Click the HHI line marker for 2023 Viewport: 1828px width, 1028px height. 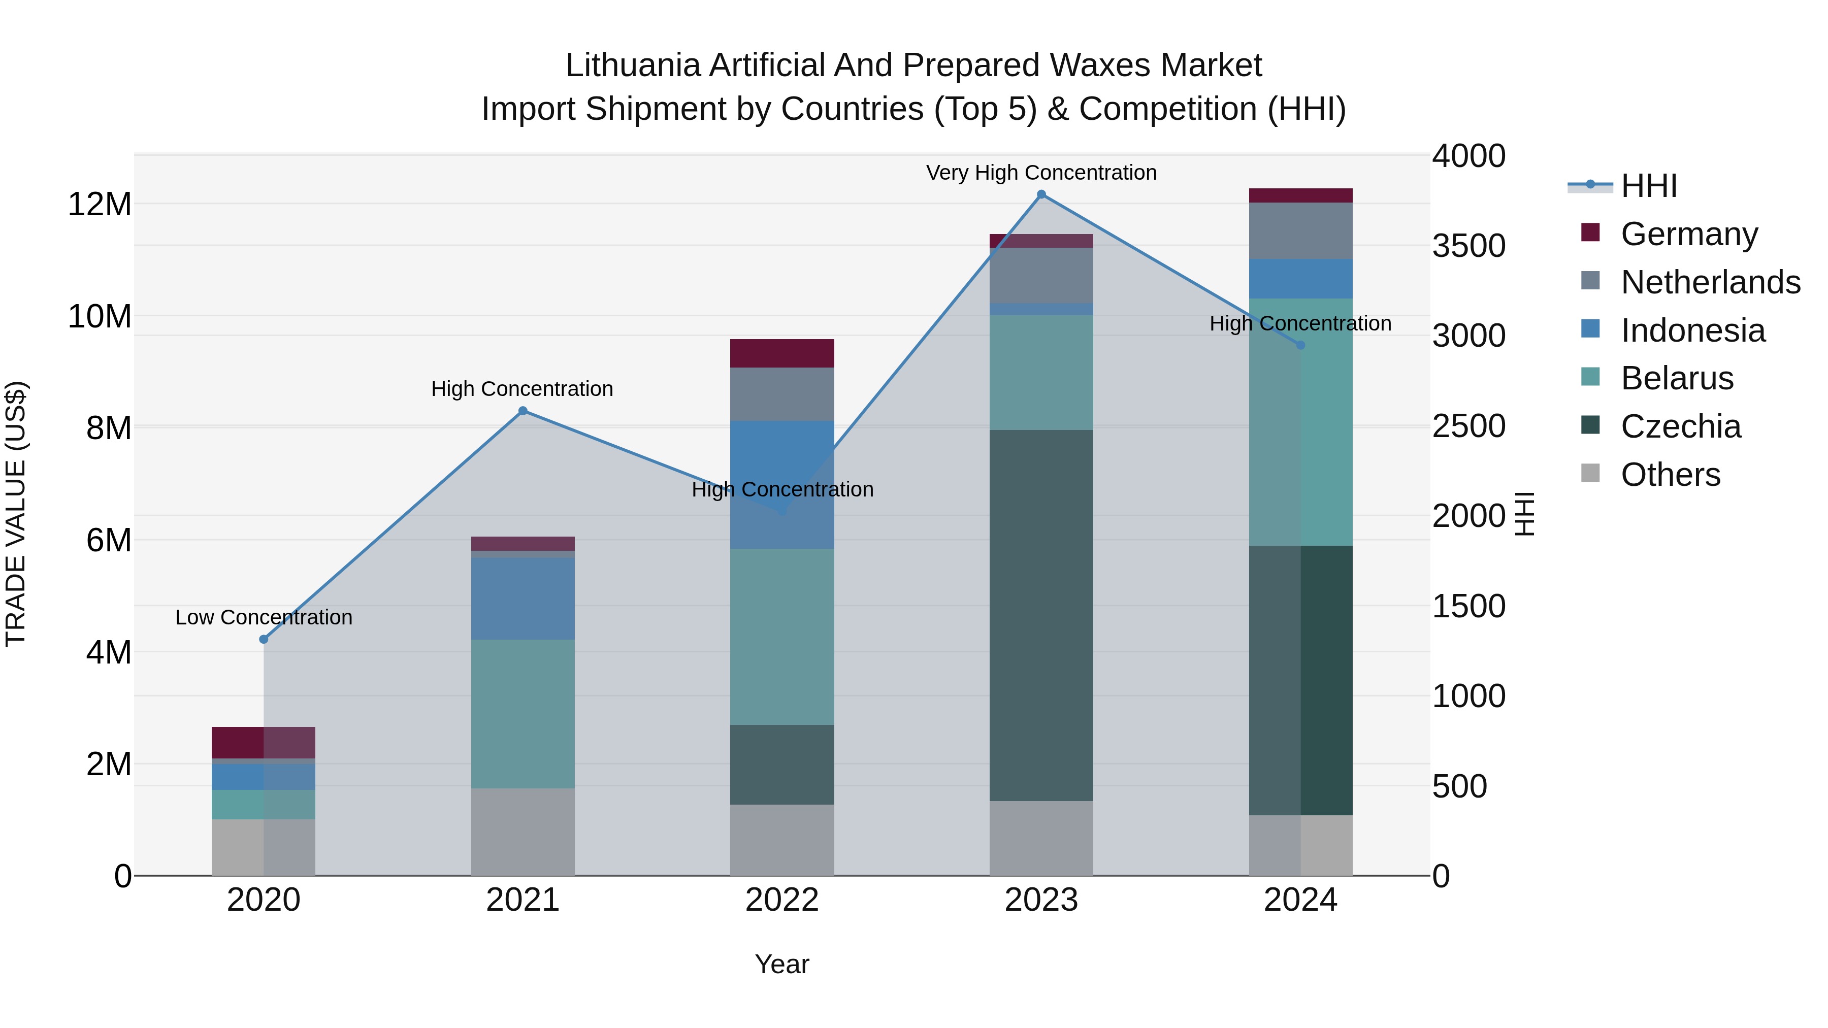coord(1041,194)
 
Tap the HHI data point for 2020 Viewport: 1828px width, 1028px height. coord(264,639)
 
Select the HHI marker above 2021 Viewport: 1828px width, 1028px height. coord(523,411)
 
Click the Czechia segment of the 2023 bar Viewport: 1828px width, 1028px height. coord(1041,615)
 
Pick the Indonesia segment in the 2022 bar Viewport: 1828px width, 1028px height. coord(782,485)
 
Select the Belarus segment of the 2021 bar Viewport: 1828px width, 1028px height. coord(523,714)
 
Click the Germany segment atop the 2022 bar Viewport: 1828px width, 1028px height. coord(782,353)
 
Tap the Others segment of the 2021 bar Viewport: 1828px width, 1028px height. coord(523,832)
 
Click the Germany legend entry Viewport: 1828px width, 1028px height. coord(1689,234)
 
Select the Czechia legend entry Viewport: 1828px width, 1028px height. coord(1680,426)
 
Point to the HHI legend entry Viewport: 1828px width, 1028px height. coord(1648,186)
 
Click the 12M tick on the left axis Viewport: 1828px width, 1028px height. coord(100,204)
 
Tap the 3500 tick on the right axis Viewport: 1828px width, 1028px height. coord(1468,246)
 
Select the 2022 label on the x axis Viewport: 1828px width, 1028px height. coord(782,900)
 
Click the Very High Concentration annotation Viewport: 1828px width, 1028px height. coord(1041,173)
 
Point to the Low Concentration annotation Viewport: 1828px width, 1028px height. coord(264,617)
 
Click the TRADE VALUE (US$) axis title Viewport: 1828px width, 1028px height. coord(16,514)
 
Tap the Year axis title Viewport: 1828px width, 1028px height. coord(782,964)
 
